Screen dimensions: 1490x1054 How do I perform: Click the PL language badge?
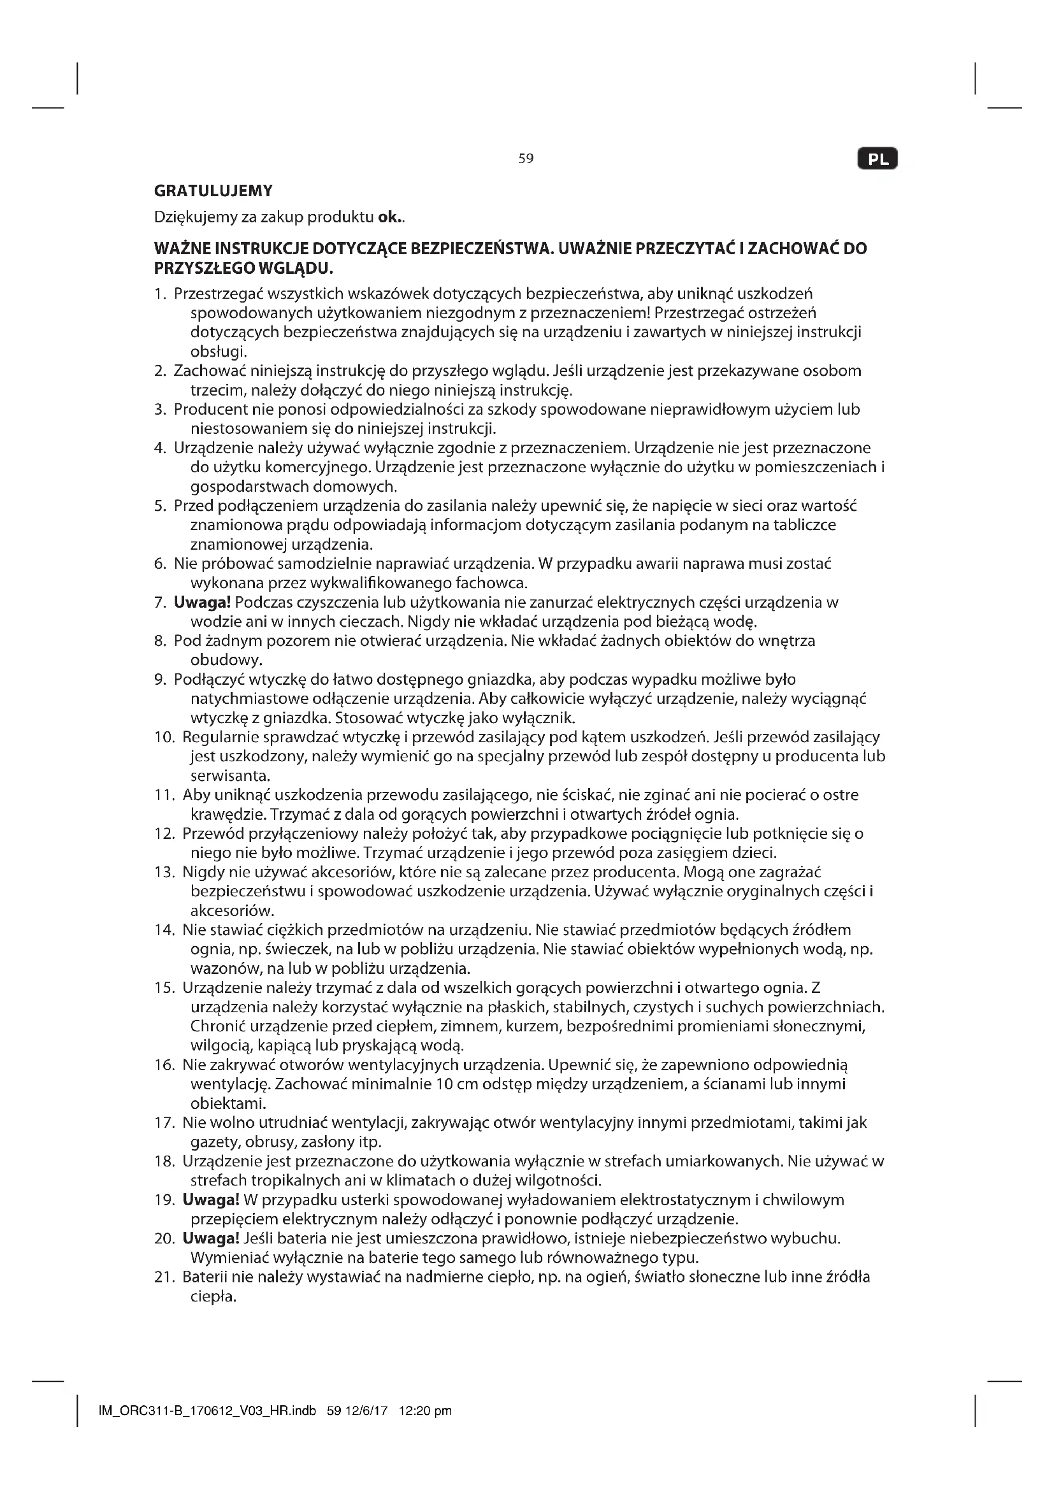tap(877, 159)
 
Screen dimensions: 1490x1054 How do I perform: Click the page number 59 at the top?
tap(526, 159)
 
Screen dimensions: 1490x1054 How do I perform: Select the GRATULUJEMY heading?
tap(213, 191)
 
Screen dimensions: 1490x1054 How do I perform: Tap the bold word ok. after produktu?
tap(390, 217)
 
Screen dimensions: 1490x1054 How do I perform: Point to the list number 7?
tap(161, 602)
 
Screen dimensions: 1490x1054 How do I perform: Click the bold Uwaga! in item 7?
tap(203, 602)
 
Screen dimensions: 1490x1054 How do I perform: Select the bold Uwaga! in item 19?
tap(211, 1200)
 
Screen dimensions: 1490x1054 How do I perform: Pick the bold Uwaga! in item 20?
tap(211, 1239)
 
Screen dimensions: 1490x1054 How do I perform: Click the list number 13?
tap(164, 872)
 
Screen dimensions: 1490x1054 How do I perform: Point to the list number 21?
tap(164, 1277)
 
